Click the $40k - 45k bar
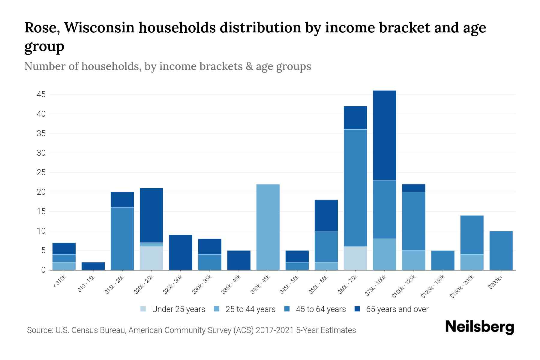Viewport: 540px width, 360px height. [268, 227]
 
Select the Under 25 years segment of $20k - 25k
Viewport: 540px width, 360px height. [151, 258]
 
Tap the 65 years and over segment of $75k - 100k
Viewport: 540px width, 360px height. [385, 135]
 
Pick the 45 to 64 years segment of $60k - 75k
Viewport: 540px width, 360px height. [355, 188]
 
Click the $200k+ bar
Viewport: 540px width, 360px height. [501, 250]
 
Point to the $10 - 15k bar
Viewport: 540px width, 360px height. [93, 266]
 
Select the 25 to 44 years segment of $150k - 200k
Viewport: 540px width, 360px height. [472, 262]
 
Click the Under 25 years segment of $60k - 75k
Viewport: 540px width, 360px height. [355, 258]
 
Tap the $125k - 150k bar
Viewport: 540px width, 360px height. [443, 260]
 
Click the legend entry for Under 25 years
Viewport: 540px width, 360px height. [178, 309]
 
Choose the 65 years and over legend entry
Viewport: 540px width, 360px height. [397, 309]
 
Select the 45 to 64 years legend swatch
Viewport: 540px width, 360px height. [287, 309]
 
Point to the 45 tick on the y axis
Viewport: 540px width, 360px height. [41, 95]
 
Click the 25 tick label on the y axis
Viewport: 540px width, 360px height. [41, 173]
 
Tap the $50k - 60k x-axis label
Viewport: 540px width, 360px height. [319, 285]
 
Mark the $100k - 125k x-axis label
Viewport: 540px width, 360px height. [404, 287]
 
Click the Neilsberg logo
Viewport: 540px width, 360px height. [479, 327]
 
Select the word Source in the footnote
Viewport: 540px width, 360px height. [39, 330]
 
